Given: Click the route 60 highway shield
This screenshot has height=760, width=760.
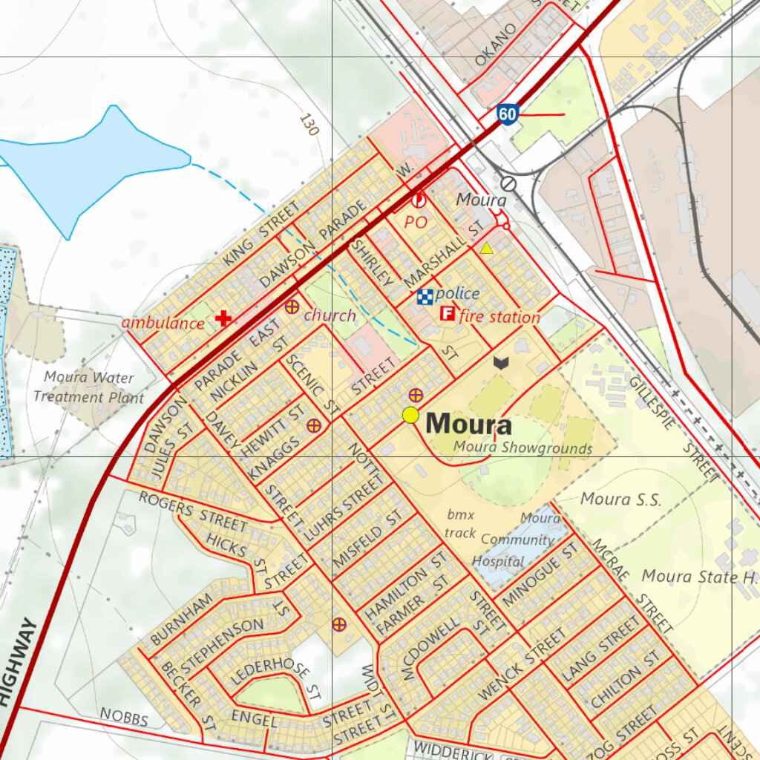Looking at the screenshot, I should [508, 114].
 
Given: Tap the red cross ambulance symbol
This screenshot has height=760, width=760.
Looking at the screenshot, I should [223, 319].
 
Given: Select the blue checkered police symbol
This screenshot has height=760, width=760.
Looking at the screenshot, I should [425, 296].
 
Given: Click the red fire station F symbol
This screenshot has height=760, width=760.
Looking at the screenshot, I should [448, 313].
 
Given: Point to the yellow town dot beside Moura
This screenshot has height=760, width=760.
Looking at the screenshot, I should [410, 416].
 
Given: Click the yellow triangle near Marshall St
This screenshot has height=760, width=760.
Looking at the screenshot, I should [486, 249].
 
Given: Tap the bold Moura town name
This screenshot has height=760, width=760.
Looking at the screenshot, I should [469, 425].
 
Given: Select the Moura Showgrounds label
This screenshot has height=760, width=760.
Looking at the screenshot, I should [522, 448].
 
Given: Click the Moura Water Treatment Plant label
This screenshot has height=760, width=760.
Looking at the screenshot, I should [88, 387].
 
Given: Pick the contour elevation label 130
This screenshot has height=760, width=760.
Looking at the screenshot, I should [309, 125].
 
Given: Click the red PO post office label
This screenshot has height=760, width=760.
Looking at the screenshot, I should [416, 221].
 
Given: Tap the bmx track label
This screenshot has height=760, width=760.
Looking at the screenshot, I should [460, 523].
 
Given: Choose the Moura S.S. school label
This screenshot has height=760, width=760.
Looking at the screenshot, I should [620, 499].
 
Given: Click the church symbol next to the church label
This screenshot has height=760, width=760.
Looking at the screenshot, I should [292, 306].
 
